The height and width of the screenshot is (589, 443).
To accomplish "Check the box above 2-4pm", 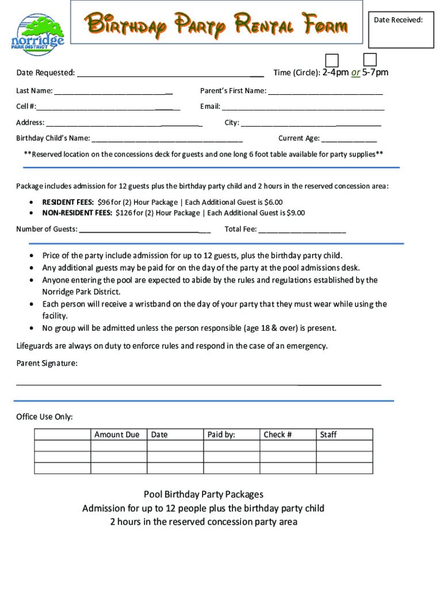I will (x=332, y=60).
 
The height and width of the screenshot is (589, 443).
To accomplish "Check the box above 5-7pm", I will (x=370, y=59).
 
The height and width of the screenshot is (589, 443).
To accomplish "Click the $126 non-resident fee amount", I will (x=123, y=213).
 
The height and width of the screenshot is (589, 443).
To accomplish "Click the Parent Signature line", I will (x=198, y=383).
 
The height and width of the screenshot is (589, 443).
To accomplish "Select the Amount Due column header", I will (x=117, y=435).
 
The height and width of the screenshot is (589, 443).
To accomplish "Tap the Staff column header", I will (x=329, y=435).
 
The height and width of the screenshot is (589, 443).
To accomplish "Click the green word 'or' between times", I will (x=356, y=72).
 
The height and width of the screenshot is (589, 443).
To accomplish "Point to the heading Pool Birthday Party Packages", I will (x=204, y=494).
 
